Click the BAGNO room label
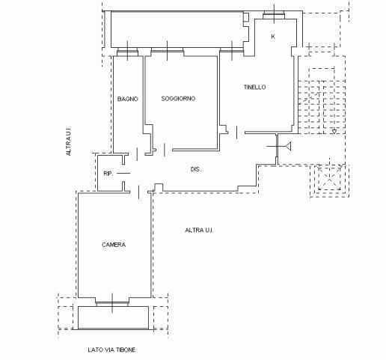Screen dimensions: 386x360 pos(127,99)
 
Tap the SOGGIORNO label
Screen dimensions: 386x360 pos(178,99)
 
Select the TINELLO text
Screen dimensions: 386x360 pos(254,87)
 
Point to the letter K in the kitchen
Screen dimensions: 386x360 pos(273,37)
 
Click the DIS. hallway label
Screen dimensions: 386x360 pos(196,169)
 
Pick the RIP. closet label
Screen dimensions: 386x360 pos(108,174)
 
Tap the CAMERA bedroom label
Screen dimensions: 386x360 pos(114,245)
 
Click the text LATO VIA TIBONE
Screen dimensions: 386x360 pos(111,350)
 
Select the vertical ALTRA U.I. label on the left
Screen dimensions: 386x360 pos(68,141)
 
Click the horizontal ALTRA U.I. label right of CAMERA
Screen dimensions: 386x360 pos(199,230)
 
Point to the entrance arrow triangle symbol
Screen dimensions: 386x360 pos(288,146)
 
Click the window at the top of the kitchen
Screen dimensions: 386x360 pos(274,16)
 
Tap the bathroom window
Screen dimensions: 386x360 pos(127,52)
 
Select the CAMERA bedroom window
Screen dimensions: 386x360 pos(112,304)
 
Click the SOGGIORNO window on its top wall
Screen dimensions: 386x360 pos(167,52)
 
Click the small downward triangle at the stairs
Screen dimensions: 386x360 pos(334,132)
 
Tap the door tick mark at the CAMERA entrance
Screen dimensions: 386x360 pos(138,192)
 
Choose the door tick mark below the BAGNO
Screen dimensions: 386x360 pos(137,154)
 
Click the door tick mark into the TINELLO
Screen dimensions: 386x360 pos(236,132)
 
